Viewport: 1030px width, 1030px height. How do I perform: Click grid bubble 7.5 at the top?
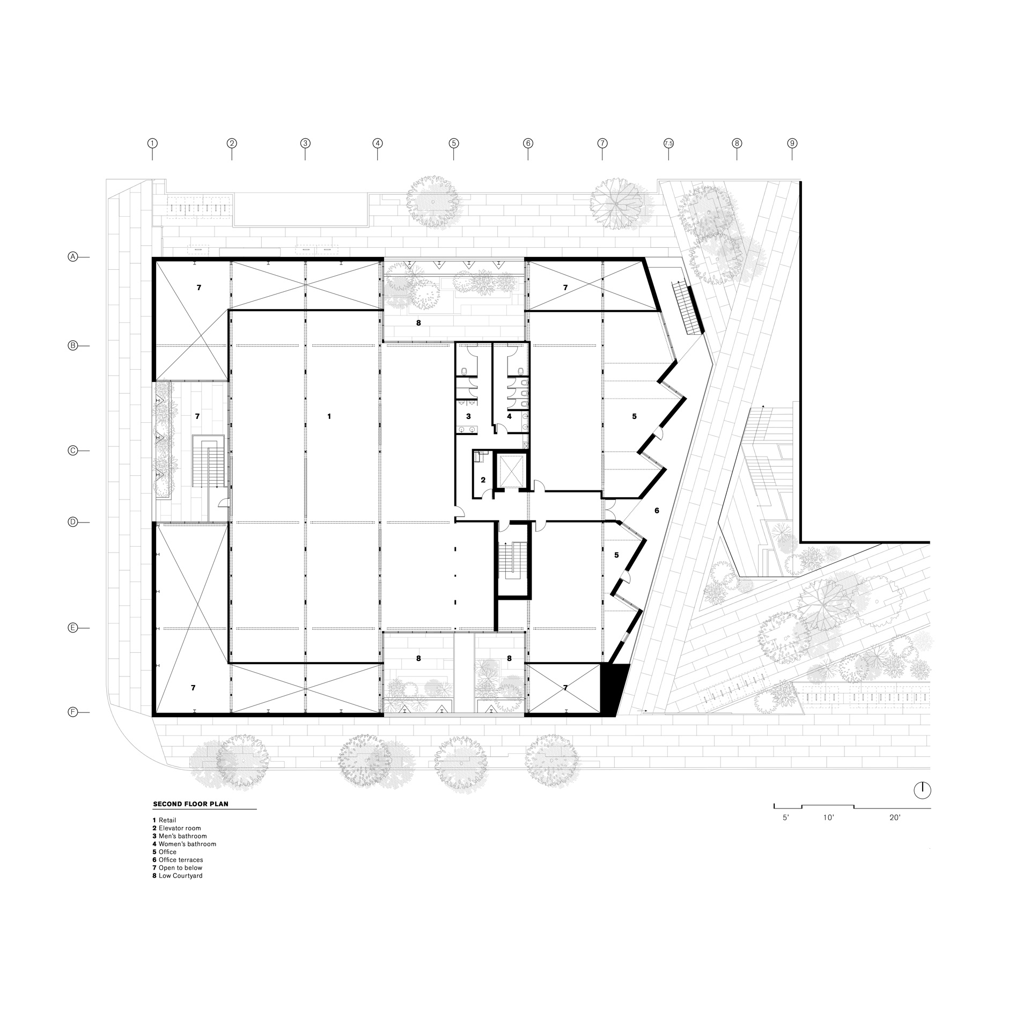tap(668, 143)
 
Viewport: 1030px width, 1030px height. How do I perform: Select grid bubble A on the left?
tap(72, 257)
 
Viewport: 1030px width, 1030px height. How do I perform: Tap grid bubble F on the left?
tap(72, 712)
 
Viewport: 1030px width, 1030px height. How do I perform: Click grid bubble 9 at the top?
tap(792, 143)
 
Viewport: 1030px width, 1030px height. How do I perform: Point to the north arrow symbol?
tap(922, 790)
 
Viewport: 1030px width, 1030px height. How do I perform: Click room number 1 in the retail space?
tap(329, 416)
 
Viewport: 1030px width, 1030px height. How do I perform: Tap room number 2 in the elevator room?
tap(483, 480)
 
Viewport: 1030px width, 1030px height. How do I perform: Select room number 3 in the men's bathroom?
tap(468, 416)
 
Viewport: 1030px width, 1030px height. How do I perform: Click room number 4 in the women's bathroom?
tap(509, 416)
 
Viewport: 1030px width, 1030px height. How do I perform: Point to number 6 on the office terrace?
tap(657, 511)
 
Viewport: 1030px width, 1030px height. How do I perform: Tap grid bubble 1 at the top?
tap(152, 143)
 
